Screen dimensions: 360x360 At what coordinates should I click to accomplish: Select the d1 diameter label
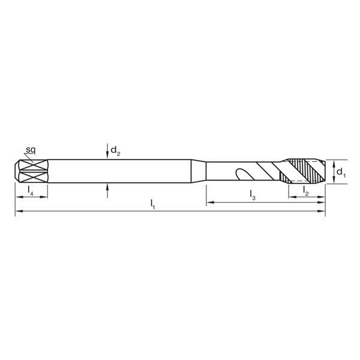(340, 172)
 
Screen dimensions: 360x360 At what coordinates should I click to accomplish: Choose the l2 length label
(306, 191)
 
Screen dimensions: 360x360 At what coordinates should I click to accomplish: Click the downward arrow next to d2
(107, 153)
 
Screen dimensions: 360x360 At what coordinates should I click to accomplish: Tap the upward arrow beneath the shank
(107, 188)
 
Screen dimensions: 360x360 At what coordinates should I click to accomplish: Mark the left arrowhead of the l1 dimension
(18, 212)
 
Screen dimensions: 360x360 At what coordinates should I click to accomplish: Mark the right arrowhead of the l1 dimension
(322, 212)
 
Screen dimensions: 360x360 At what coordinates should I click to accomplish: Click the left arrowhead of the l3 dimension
(209, 203)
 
